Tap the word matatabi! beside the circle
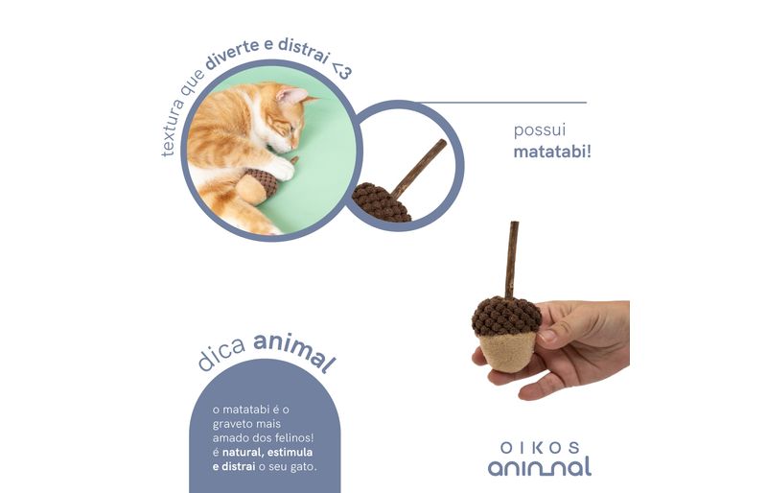pos(552,152)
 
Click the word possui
pos(540,130)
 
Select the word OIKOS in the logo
pos(540,448)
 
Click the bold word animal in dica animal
pos(295,351)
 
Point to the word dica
pos(221,354)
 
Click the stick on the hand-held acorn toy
pos(511,259)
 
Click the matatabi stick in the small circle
pos(419,168)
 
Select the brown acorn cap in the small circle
pos(382,202)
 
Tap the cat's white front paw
pos(281,168)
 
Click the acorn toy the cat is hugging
pos(257,185)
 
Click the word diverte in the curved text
pos(232,54)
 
